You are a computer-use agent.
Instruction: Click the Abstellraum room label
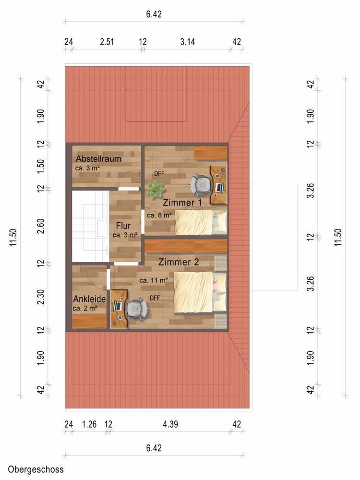pyautogui.click(x=98, y=158)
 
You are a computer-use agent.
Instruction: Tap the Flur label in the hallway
pyautogui.click(x=123, y=226)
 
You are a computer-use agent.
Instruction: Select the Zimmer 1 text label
pyautogui.click(x=182, y=203)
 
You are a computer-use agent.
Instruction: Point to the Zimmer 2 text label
pyautogui.click(x=179, y=262)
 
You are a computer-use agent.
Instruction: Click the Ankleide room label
pyautogui.click(x=89, y=299)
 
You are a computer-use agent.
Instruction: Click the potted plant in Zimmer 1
pyautogui.click(x=155, y=189)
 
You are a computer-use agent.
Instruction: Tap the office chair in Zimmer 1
pyautogui.click(x=201, y=185)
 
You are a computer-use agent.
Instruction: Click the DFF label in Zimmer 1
pyautogui.click(x=159, y=174)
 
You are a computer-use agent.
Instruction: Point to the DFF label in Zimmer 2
pyautogui.click(x=155, y=298)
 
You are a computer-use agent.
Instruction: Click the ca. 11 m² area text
pyautogui.click(x=154, y=280)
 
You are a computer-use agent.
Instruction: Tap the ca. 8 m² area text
pyautogui.click(x=159, y=215)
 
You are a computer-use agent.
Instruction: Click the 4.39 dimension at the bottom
pyautogui.click(x=170, y=424)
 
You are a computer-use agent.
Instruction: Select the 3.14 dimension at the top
pyautogui.click(x=187, y=42)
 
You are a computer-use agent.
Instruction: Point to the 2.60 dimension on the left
pyautogui.click(x=41, y=226)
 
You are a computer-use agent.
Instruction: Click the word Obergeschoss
pyautogui.click(x=36, y=469)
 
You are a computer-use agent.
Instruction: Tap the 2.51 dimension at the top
pyautogui.click(x=107, y=42)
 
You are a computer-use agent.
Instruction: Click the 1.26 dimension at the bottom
pyautogui.click(x=89, y=424)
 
